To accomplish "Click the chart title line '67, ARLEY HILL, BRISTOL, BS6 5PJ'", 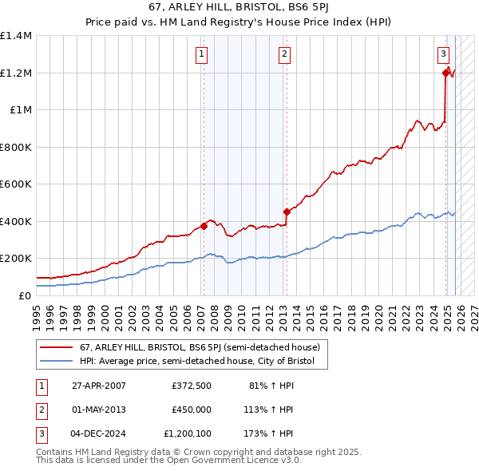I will tap(239, 10).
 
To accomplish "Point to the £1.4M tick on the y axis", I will tap(15, 36).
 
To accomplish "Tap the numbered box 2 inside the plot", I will tap(284, 54).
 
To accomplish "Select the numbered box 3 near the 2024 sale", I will tap(443, 54).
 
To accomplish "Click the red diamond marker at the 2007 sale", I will tap(204, 226).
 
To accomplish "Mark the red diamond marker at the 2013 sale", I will tap(287, 212).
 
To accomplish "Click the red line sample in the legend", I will tap(56, 348).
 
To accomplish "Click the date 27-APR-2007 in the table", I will tap(97, 385).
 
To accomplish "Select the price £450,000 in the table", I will tap(191, 410).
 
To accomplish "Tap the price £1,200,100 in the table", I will tap(188, 433).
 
